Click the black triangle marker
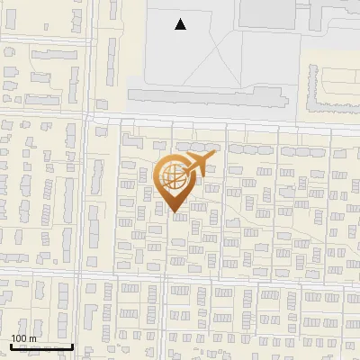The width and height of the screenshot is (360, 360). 181,24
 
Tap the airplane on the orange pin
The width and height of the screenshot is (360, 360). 197,166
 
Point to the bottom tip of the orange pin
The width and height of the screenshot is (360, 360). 175,214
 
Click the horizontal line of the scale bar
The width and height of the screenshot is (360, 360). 41,346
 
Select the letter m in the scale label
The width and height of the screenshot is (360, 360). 31,338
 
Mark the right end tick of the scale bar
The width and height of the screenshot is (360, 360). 73,345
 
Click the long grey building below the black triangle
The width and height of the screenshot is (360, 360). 207,95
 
